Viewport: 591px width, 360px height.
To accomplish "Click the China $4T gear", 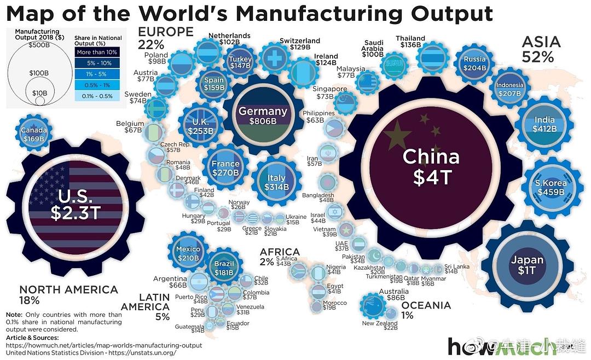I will coord(431,164).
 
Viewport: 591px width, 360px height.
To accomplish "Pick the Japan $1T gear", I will coord(527,265).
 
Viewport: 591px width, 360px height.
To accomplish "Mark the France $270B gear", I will coord(225,167).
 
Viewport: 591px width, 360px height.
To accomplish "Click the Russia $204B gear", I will coord(474,63).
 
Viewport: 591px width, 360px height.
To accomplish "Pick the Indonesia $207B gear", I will coord(509,89).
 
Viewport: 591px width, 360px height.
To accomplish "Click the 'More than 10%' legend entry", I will coord(97,52).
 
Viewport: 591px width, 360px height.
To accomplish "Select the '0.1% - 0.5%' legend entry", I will coord(97,96).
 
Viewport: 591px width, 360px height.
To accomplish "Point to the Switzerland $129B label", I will coord(299,44).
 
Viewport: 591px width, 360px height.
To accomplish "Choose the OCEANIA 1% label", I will coord(425,310).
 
